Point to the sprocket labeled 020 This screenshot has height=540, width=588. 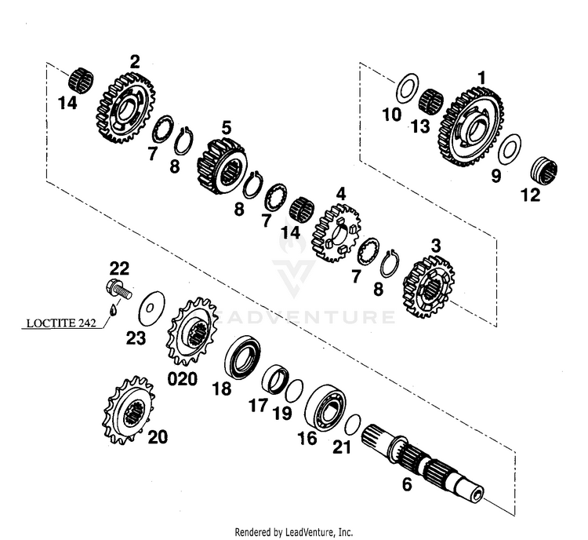tap(191, 331)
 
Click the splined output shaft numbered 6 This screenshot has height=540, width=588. tap(427, 463)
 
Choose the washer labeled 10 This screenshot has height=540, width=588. tap(405, 88)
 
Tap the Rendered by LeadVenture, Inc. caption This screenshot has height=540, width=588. tap(294, 531)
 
